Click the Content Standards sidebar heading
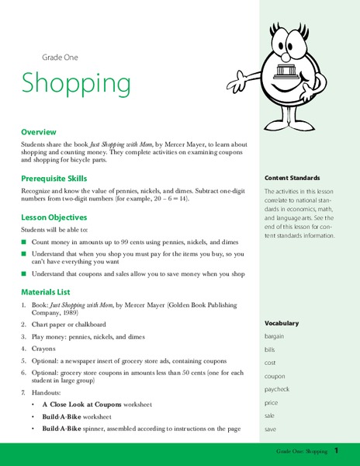pos(292,177)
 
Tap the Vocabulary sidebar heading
pos(281,322)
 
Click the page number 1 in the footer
pos(337,451)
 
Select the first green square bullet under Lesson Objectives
pos(24,243)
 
